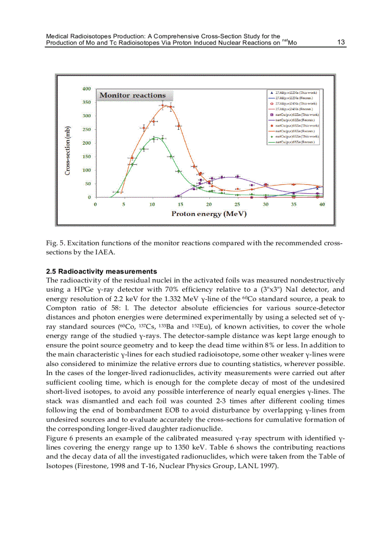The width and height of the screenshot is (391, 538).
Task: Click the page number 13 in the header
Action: (341, 42)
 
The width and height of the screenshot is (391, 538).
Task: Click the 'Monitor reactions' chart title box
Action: (132, 95)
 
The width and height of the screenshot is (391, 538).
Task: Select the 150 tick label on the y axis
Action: (86, 157)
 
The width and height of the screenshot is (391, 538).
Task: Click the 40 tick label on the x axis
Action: (322, 205)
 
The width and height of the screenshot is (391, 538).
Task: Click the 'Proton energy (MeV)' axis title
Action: (209, 214)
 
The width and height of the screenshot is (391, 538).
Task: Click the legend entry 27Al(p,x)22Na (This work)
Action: (293, 92)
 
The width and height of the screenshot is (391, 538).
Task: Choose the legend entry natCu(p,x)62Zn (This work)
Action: (294, 115)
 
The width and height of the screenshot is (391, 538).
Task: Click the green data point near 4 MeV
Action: (118, 192)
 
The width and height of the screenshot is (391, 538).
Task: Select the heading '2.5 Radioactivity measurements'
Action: (101, 271)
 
